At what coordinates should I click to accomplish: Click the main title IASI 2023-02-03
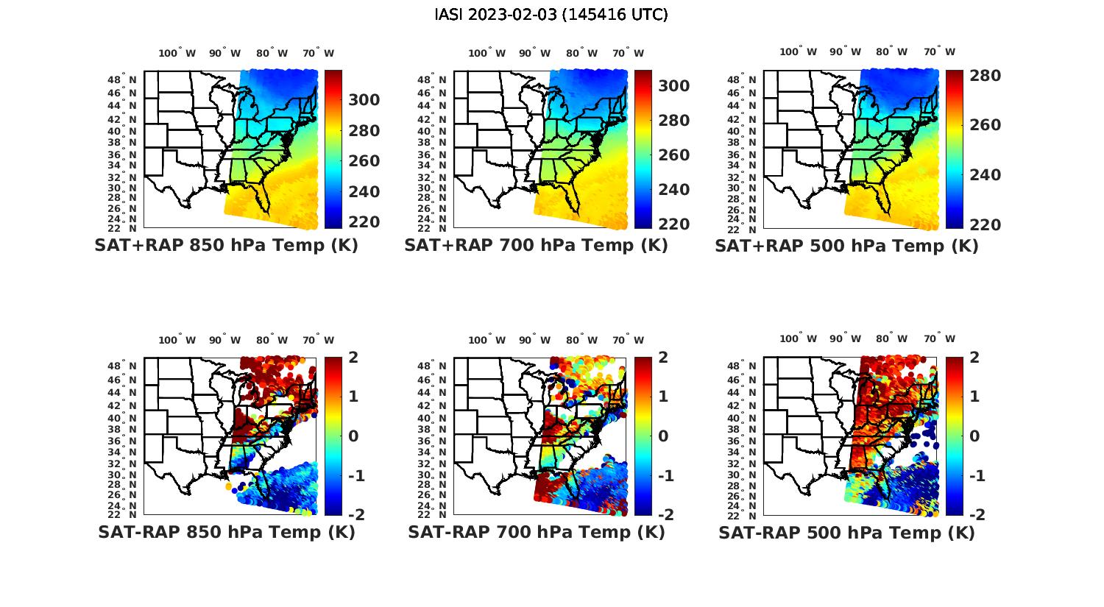click(551, 15)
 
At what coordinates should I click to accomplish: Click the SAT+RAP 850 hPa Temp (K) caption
click(226, 246)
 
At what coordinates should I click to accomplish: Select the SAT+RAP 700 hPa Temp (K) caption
click(536, 246)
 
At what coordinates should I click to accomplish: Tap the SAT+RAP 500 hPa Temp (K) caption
click(846, 246)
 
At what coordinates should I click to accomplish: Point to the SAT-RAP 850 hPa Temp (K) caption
click(226, 532)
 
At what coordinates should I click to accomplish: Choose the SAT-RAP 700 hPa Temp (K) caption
click(536, 532)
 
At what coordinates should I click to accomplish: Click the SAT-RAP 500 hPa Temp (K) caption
click(846, 532)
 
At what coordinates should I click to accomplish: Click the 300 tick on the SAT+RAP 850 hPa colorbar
click(364, 100)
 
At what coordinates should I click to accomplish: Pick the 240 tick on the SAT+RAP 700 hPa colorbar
click(673, 190)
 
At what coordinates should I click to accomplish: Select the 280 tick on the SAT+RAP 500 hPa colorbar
click(985, 76)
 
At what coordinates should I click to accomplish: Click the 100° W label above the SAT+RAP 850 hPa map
click(177, 53)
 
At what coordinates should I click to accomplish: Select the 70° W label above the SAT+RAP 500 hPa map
click(939, 52)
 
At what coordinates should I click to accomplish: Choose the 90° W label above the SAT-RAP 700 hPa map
click(534, 340)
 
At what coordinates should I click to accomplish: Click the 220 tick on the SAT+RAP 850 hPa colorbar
click(364, 222)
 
